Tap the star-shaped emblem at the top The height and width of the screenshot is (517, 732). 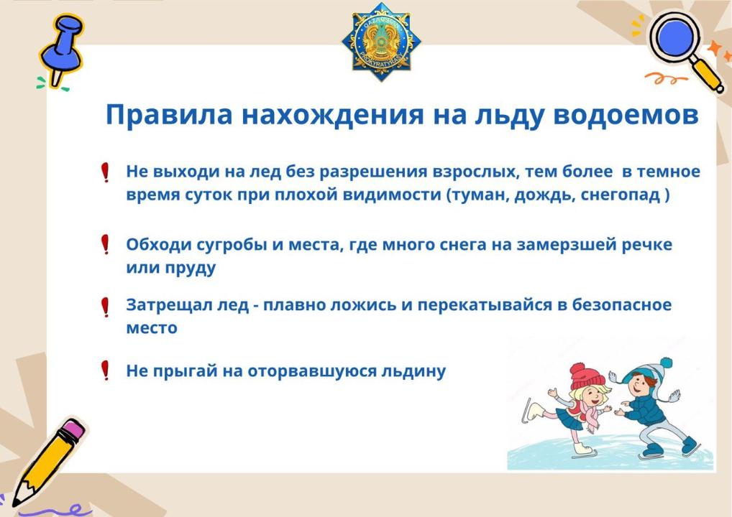click(381, 42)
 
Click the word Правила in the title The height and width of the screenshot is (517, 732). click(169, 115)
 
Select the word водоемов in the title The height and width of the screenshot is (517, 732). click(626, 116)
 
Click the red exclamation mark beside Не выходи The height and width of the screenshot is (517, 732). click(106, 172)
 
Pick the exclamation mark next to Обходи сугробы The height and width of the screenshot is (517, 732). click(106, 244)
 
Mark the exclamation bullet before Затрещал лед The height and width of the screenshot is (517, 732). click(106, 307)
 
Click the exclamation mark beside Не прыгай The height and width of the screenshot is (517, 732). click(106, 370)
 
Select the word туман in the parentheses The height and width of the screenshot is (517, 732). click(480, 195)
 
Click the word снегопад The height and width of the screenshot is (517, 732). click(621, 195)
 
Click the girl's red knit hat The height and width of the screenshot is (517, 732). click(586, 376)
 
